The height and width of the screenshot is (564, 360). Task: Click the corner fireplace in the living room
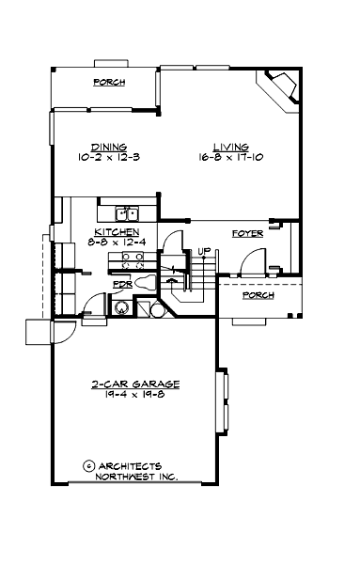281,90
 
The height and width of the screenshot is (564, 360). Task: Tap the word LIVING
230,148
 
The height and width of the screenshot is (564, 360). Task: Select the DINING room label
102,147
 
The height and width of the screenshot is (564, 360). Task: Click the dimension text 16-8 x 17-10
230,158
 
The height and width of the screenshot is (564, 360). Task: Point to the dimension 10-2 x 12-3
103,158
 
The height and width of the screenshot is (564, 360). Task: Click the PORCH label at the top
109,83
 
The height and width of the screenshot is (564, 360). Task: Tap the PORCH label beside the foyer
258,295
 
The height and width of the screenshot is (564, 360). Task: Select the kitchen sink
127,213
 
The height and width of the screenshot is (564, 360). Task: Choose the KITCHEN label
117,232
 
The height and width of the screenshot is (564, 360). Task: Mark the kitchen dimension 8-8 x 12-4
117,243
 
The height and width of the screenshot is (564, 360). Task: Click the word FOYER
247,232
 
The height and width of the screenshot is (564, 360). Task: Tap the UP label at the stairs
202,251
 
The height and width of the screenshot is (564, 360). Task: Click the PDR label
120,283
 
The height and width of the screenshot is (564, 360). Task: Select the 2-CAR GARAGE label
136,384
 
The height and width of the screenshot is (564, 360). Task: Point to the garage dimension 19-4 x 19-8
136,396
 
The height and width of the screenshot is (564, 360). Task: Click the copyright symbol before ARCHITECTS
88,464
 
